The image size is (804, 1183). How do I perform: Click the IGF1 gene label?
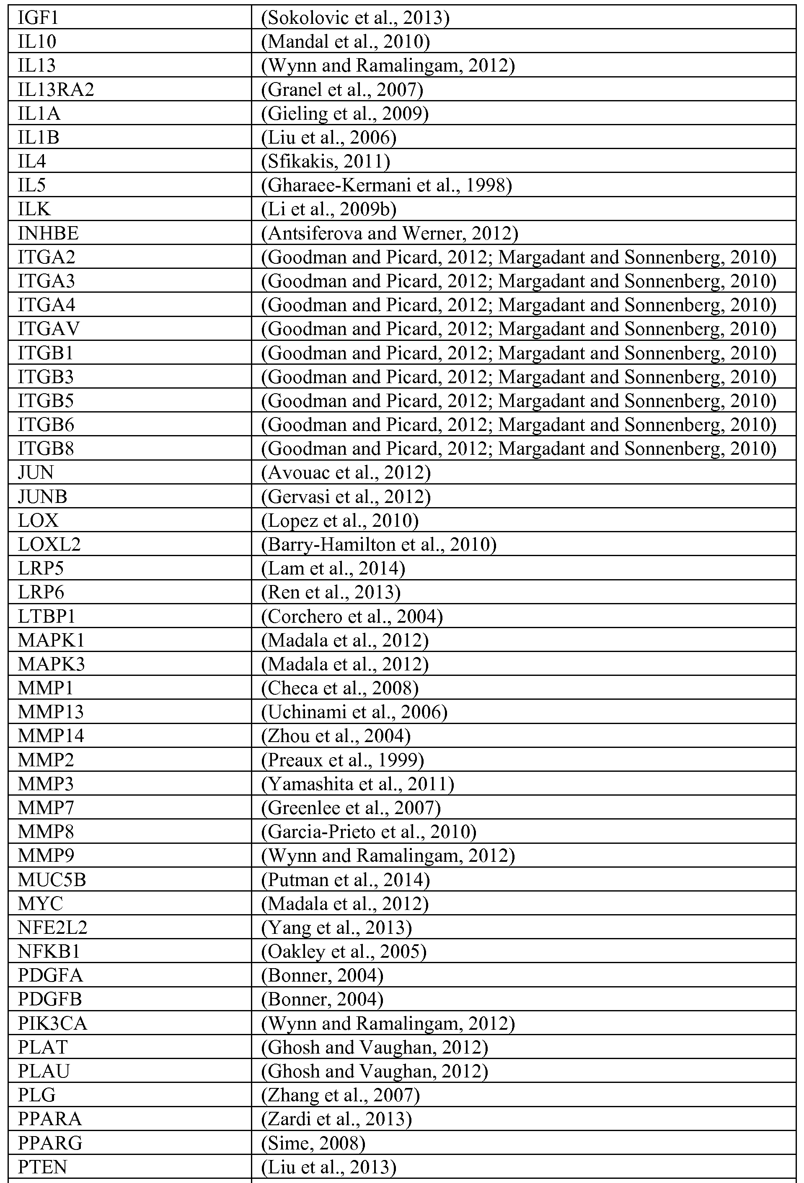[38, 18]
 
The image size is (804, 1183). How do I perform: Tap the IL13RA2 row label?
[56, 90]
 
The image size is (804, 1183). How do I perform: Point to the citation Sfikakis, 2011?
[326, 161]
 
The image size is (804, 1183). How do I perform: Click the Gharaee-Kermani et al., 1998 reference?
[386, 185]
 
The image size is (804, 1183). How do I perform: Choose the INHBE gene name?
[48, 233]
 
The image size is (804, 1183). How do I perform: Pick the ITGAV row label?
[49, 329]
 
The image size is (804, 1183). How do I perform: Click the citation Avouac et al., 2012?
[346, 472]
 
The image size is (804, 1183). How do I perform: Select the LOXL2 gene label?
[49, 545]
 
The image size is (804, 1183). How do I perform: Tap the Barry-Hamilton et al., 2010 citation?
[378, 545]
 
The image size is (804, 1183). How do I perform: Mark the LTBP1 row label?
[47, 616]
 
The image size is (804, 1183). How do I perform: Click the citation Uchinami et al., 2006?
[354, 712]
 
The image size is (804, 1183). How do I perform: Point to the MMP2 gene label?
[46, 760]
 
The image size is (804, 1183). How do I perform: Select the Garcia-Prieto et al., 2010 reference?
[369, 832]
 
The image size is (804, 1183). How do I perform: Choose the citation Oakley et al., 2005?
[344, 951]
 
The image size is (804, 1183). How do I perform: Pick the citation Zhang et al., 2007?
[340, 1095]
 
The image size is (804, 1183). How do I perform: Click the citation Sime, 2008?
[313, 1143]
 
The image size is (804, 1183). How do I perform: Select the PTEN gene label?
[42, 1167]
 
